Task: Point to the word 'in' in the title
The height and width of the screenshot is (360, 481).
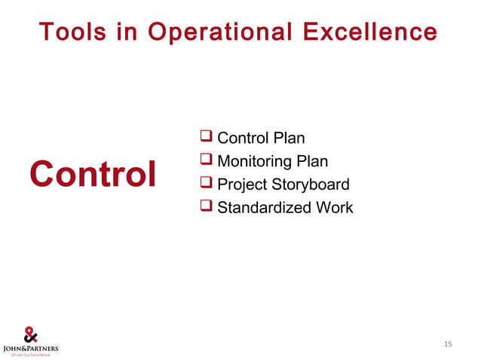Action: pyautogui.click(x=130, y=32)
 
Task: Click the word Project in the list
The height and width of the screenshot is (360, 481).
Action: pyautogui.click(x=241, y=185)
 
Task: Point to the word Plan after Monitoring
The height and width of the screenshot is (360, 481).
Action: pyautogui.click(x=312, y=162)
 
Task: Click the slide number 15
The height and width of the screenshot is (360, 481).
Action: pyautogui.click(x=448, y=345)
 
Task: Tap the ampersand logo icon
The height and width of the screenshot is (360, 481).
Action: pyautogui.click(x=31, y=334)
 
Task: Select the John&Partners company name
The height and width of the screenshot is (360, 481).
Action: pyautogui.click(x=31, y=348)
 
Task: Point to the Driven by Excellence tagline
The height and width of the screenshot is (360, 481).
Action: pyautogui.click(x=31, y=355)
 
